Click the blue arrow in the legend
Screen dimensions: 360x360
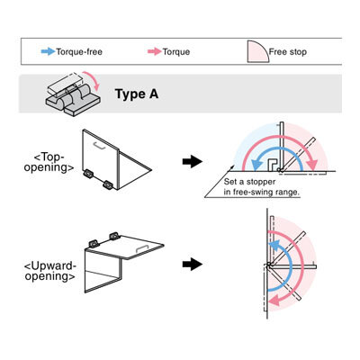(x=48, y=51)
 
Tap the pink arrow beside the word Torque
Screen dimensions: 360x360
(x=155, y=51)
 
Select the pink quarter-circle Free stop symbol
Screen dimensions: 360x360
(x=257, y=51)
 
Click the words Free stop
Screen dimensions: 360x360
(x=288, y=52)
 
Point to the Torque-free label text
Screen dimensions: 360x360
(x=79, y=52)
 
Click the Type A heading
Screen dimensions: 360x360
(x=137, y=94)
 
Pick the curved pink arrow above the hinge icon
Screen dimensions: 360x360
(x=92, y=80)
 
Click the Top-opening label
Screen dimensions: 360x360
(x=49, y=162)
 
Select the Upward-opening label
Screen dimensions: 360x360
(x=49, y=271)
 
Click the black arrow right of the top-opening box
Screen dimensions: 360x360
(x=193, y=162)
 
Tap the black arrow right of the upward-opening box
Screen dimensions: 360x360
(x=193, y=265)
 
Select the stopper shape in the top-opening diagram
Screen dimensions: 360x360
(x=273, y=165)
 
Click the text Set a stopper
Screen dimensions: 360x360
(x=249, y=182)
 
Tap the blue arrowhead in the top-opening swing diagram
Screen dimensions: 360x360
(x=256, y=165)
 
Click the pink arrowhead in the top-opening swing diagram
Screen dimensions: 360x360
(x=312, y=165)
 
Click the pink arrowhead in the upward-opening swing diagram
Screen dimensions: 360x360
(x=274, y=300)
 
